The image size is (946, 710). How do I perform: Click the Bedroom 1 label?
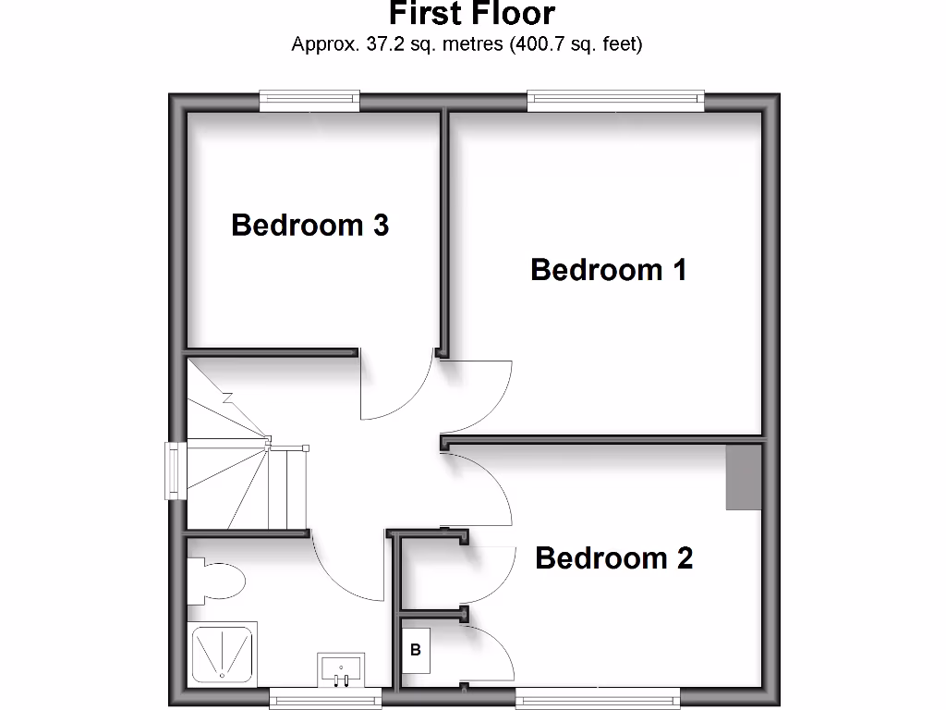(x=609, y=270)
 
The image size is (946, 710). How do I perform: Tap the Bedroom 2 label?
(x=613, y=558)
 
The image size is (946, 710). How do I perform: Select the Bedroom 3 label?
(x=309, y=225)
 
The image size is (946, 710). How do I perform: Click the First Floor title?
(x=471, y=14)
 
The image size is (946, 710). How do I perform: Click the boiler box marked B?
(x=416, y=650)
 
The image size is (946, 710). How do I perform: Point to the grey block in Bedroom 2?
(x=744, y=477)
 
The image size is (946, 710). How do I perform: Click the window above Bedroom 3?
(x=309, y=100)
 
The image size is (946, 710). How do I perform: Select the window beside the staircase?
(x=175, y=471)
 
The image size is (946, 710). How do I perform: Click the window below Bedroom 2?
(x=598, y=700)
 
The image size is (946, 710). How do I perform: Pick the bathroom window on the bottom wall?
(x=325, y=700)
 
